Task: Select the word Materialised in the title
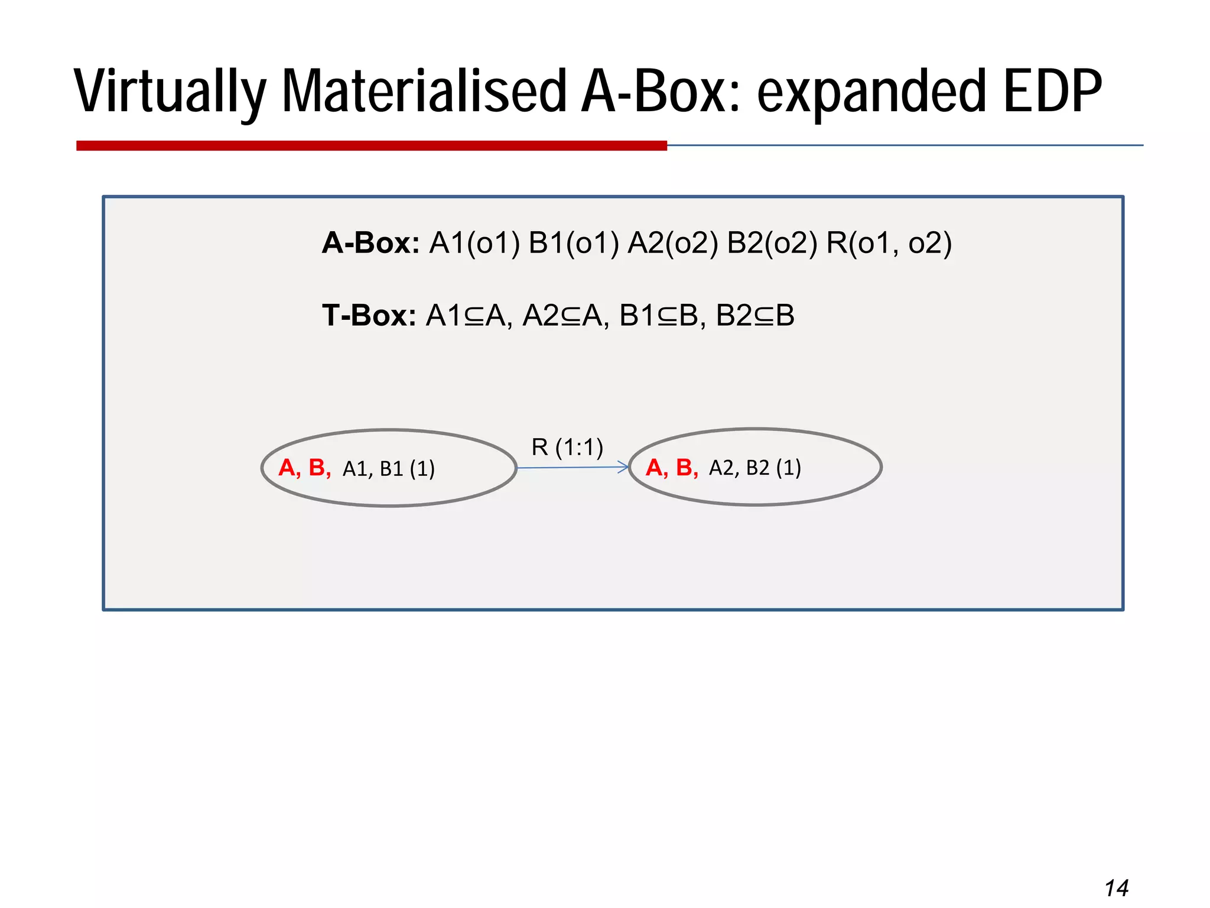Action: pos(424,92)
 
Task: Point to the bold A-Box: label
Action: pos(370,243)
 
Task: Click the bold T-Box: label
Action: pos(369,316)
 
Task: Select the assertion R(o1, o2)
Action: pos(889,243)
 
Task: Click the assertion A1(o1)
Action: pos(474,243)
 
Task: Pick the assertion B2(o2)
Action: pos(772,243)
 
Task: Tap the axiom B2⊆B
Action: pos(755,316)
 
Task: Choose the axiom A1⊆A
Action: pos(466,316)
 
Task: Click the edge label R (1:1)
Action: pos(567,447)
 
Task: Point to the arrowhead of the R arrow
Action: pos(623,467)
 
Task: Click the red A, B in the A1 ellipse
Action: pos(304,468)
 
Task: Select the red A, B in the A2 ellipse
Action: pos(672,468)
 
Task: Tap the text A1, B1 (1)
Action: pos(389,469)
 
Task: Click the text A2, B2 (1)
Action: pos(755,468)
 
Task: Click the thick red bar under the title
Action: pos(371,145)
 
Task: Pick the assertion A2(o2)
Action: pos(673,243)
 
